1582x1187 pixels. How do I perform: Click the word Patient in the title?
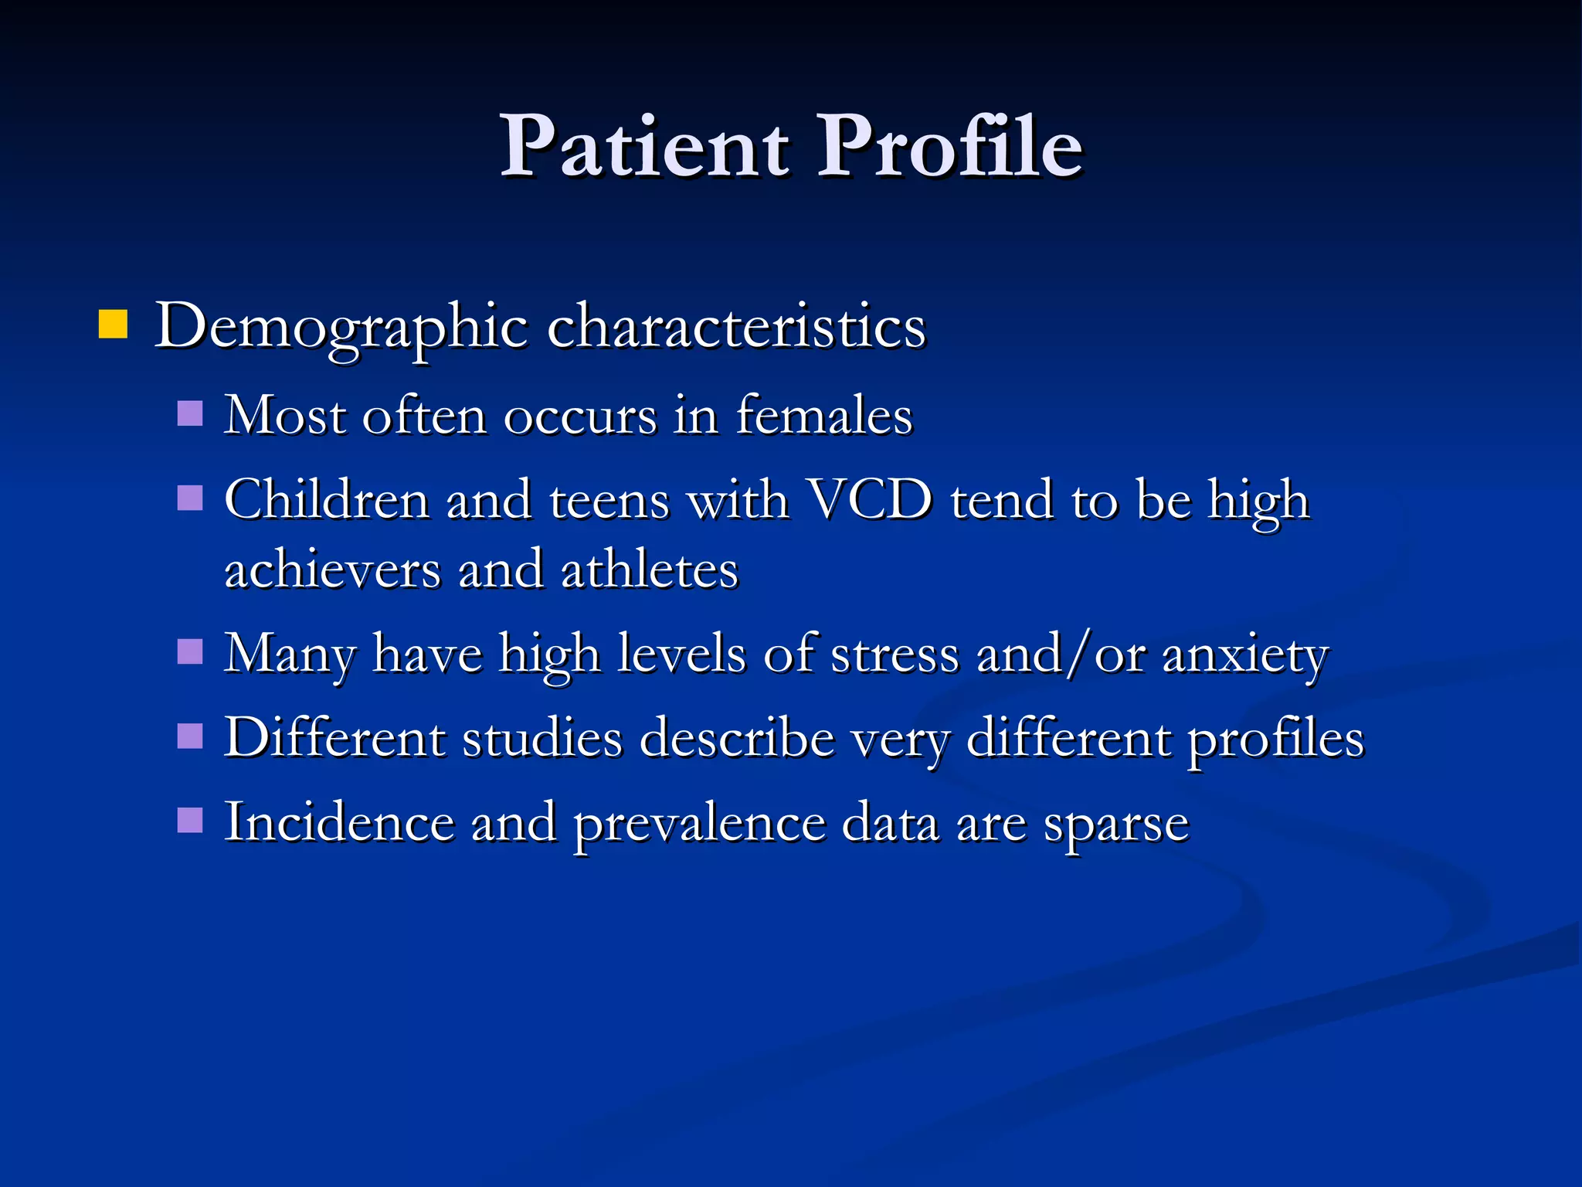coord(645,147)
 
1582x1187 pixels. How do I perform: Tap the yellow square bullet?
coord(113,325)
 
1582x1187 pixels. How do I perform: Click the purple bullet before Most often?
coord(190,413)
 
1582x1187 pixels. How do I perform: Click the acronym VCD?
coord(869,500)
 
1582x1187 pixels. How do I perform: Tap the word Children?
coord(327,500)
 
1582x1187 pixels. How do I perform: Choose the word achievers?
coord(332,570)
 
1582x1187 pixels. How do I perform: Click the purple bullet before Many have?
coord(190,651)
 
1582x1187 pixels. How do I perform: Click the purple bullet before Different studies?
coord(190,736)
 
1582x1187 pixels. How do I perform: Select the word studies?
coord(541,738)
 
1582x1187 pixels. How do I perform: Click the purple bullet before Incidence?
coord(190,820)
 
